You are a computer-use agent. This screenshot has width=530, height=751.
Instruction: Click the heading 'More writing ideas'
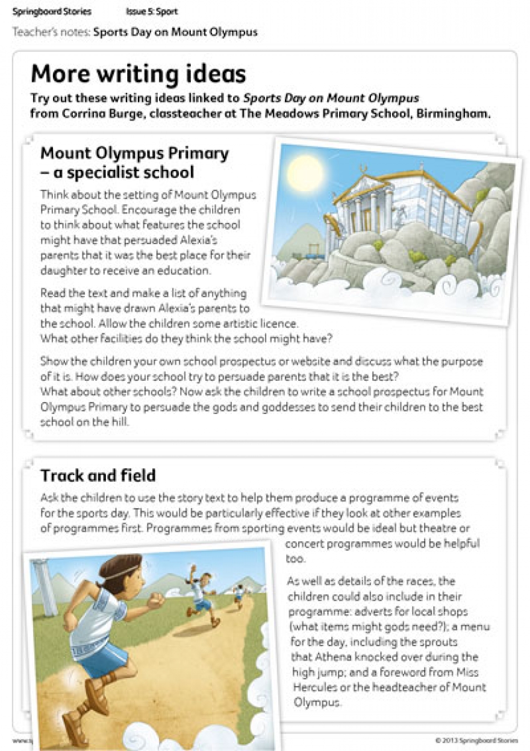pyautogui.click(x=138, y=74)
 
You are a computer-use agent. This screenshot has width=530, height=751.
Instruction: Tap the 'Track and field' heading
pyautogui.click(x=98, y=476)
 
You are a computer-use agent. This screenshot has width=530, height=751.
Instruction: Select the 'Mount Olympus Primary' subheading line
pyautogui.click(x=134, y=153)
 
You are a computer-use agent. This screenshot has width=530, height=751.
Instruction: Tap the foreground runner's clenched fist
pyautogui.click(x=154, y=601)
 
